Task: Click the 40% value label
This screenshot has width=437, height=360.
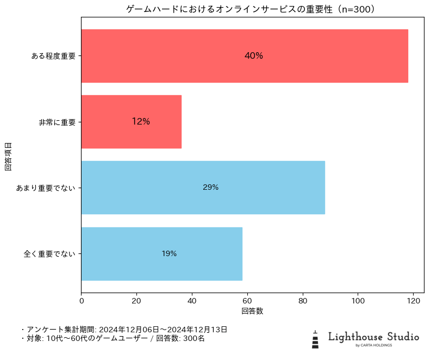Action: [x=254, y=56]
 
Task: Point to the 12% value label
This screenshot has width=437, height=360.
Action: [x=141, y=122]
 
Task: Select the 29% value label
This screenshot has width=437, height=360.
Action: [x=210, y=188]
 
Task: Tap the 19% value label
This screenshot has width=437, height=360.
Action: [x=169, y=253]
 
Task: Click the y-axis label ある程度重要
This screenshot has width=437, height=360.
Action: [x=53, y=56]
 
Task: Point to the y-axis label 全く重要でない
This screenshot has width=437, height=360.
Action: [x=49, y=253]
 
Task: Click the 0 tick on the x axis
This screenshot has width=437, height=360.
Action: [x=82, y=300]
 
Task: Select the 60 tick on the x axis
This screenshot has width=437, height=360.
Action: [x=247, y=300]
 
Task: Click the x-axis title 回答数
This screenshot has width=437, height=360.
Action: [x=252, y=311]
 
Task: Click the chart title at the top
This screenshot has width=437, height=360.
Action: [x=252, y=9]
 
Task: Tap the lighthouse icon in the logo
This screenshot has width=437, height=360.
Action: [x=315, y=339]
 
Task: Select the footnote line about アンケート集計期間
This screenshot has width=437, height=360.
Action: [x=124, y=330]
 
